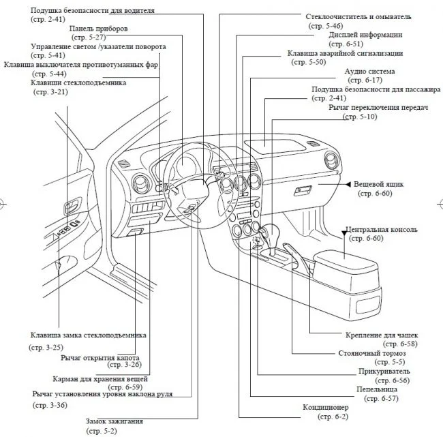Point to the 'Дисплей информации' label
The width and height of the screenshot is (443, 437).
pos(365,34)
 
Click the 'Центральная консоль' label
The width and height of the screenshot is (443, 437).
pos(382,230)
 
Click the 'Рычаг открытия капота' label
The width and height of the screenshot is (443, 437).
pos(100,357)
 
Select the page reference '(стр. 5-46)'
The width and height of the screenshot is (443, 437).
pos(339,25)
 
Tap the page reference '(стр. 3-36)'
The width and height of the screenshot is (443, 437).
pos(49,405)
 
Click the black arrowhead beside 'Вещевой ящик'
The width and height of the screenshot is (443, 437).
pos(348,185)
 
